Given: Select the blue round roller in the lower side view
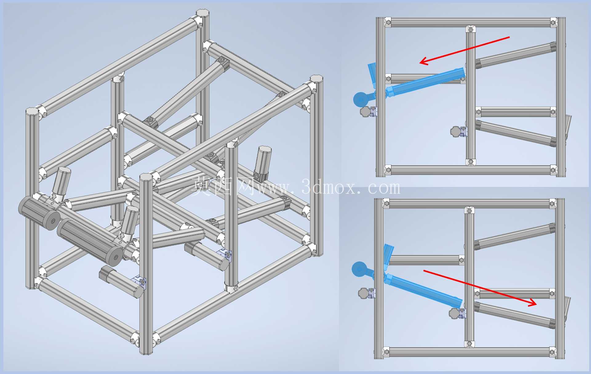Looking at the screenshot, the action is (x=359, y=269).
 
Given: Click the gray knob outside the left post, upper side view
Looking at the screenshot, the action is (x=365, y=112).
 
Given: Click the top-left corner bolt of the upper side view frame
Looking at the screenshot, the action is (x=388, y=22).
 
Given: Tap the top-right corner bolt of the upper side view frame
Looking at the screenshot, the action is (x=553, y=22).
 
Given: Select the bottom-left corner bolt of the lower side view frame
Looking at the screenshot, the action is (x=386, y=352).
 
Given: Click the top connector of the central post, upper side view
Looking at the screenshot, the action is (x=470, y=30).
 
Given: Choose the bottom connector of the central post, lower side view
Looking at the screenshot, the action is (x=469, y=344).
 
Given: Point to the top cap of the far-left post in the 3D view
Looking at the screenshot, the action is (x=32, y=111).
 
